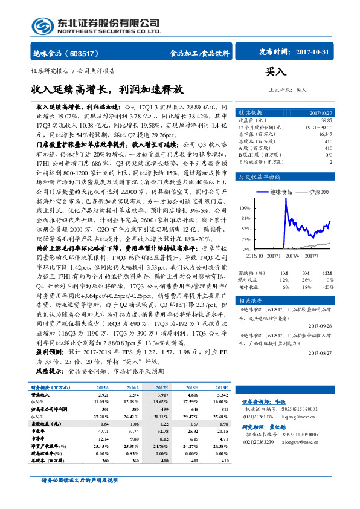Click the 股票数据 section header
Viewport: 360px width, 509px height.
click(251, 112)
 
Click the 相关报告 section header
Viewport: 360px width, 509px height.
click(251, 300)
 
